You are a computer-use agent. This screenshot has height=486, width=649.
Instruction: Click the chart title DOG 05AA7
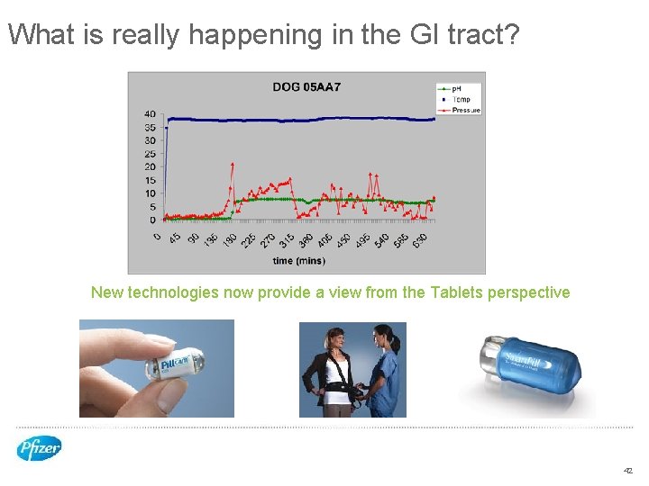pyautogui.click(x=306, y=87)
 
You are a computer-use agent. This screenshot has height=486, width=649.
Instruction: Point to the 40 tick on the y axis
pyautogui.click(x=150, y=114)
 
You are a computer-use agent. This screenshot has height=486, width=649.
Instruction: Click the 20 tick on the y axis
pyautogui.click(x=150, y=166)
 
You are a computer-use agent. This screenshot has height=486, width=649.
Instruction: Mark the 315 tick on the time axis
pyautogui.click(x=287, y=240)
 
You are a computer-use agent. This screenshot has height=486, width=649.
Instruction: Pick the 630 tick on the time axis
pyautogui.click(x=421, y=240)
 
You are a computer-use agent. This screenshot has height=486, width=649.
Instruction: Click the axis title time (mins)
pyautogui.click(x=298, y=261)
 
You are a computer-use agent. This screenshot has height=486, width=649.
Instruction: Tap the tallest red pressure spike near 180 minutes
pyautogui.click(x=233, y=165)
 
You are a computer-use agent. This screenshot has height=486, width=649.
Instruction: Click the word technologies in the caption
pyautogui.click(x=169, y=292)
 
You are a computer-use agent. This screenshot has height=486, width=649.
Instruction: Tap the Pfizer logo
pyautogui.click(x=39, y=447)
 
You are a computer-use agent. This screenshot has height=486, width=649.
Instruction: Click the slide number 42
pyautogui.click(x=628, y=471)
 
